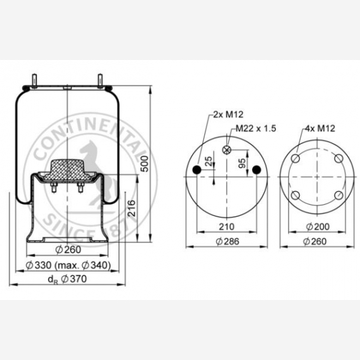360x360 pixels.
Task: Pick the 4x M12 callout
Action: tap(319, 128)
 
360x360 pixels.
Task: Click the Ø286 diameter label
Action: tap(225, 241)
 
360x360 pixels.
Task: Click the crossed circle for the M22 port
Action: tap(227, 150)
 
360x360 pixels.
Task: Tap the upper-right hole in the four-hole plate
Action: tap(339, 159)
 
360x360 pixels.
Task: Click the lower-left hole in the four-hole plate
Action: tap(294, 195)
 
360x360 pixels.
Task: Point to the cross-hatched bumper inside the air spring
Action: tap(66, 169)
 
